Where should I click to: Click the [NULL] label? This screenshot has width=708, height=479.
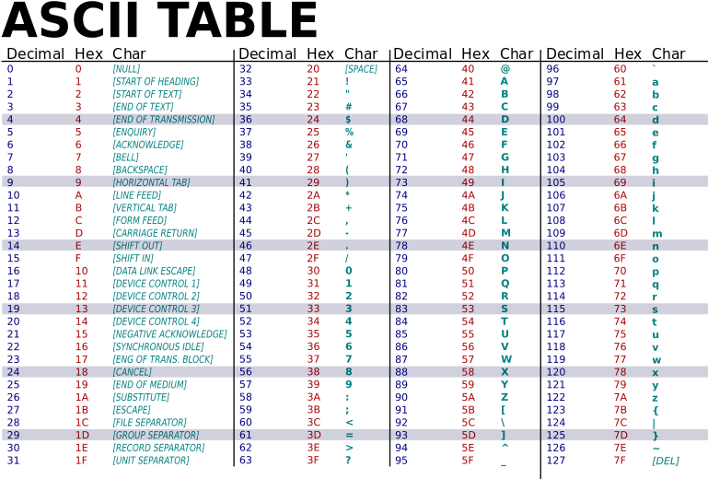126,69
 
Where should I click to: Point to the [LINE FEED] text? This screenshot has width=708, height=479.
136,195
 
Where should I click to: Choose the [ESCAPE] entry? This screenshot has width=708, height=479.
132,410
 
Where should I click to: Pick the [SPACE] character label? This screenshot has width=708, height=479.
361,69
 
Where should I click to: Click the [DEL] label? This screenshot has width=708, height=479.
665,461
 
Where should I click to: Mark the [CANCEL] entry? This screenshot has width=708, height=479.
132,372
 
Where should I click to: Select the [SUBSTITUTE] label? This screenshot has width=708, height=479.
141,397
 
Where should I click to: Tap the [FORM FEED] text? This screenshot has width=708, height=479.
139,221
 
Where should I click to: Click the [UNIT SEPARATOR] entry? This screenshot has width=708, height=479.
150,461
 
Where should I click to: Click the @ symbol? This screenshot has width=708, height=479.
505,69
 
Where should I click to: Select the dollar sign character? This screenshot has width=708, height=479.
348,120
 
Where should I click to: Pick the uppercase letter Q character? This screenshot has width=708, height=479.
505,284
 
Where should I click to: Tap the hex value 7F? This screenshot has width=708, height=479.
620,461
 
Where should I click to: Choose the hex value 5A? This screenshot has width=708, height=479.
468,397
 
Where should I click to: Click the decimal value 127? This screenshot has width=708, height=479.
555,461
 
